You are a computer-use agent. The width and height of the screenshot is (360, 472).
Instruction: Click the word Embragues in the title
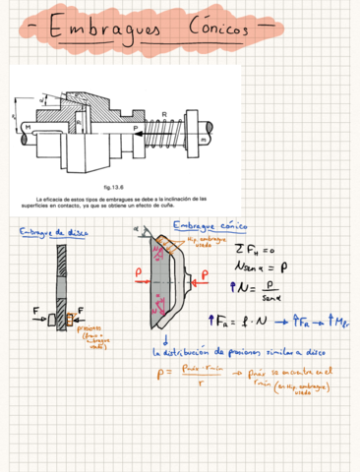108,32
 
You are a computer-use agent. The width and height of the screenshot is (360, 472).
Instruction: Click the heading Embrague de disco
54,232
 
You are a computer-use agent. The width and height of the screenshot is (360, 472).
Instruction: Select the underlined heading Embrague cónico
209,226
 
